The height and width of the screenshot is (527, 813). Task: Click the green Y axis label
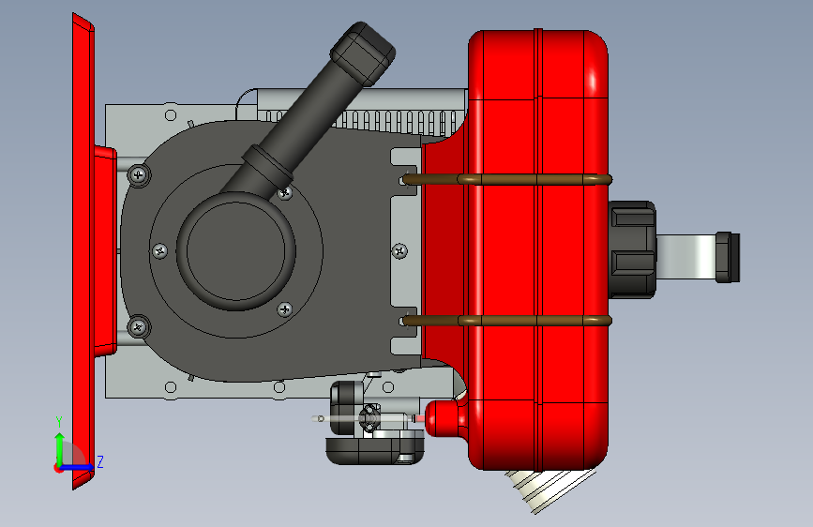point(59,421)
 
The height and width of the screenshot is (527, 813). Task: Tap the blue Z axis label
point(100,461)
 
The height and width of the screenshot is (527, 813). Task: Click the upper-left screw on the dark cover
point(138,175)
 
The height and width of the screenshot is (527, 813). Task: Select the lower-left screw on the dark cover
point(138,327)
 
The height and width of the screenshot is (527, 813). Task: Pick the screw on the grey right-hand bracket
point(399,251)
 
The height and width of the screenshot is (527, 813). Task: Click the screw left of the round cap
point(159,251)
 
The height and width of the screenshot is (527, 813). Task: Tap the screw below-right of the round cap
point(285,309)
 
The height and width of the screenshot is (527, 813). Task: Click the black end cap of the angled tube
point(363,53)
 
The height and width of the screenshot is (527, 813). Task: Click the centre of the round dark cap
point(236,251)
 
